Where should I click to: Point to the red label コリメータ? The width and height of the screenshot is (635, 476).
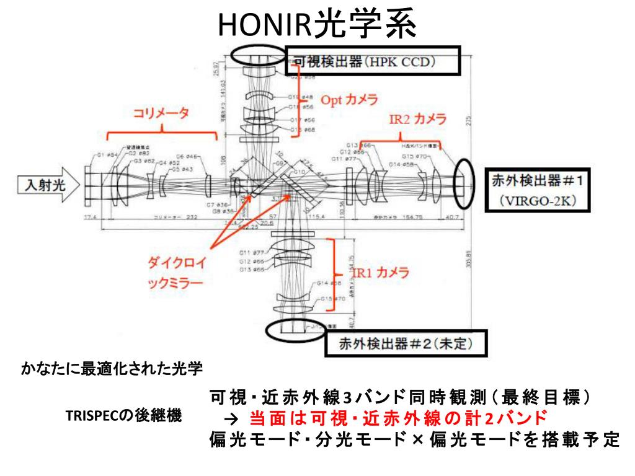[x=162, y=113]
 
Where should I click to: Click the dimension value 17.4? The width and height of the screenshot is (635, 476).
[x=92, y=218]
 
